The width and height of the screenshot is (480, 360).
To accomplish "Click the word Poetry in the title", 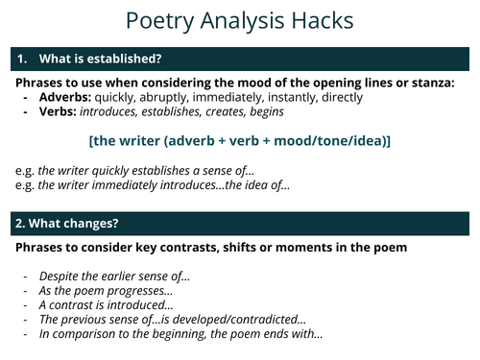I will click(x=165, y=21).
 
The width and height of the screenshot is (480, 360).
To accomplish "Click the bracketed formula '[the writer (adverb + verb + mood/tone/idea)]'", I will click(x=239, y=140).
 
